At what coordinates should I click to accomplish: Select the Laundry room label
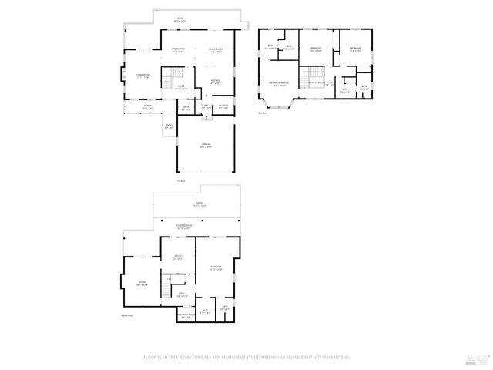point(223,106)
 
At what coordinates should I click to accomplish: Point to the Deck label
point(179,18)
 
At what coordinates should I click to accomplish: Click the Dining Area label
point(178,48)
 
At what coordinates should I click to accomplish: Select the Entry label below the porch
point(169,126)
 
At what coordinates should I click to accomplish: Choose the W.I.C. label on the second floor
point(290,48)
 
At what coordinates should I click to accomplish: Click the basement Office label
point(177,257)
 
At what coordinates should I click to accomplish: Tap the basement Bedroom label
point(216,267)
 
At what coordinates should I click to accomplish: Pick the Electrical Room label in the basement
point(185,315)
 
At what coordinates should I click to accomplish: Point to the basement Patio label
point(199,205)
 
